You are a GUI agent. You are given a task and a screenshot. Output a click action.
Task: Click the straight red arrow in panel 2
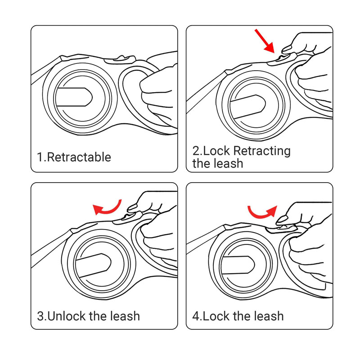[265, 41]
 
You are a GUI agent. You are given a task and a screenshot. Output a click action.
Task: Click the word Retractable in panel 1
[79, 157]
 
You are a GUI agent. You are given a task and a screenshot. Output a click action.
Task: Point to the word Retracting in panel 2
[262, 151]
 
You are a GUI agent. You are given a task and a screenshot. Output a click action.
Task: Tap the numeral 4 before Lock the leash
[196, 316]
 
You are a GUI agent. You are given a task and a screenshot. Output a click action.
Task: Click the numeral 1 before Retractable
[40, 157]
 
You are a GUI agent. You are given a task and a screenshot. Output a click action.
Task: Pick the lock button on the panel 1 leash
[120, 59]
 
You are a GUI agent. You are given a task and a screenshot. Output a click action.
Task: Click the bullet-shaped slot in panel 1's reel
[74, 97]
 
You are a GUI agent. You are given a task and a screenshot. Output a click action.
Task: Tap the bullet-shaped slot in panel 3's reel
[94, 265]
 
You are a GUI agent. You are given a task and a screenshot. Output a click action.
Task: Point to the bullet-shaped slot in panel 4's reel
[238, 265]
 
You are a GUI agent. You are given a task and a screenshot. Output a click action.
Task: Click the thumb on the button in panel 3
[132, 208]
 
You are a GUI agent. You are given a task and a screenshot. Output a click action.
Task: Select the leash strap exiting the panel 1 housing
[45, 71]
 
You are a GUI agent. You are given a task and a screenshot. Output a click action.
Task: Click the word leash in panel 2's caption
[229, 163]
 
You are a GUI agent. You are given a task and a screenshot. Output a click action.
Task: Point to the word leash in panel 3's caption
[125, 316]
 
